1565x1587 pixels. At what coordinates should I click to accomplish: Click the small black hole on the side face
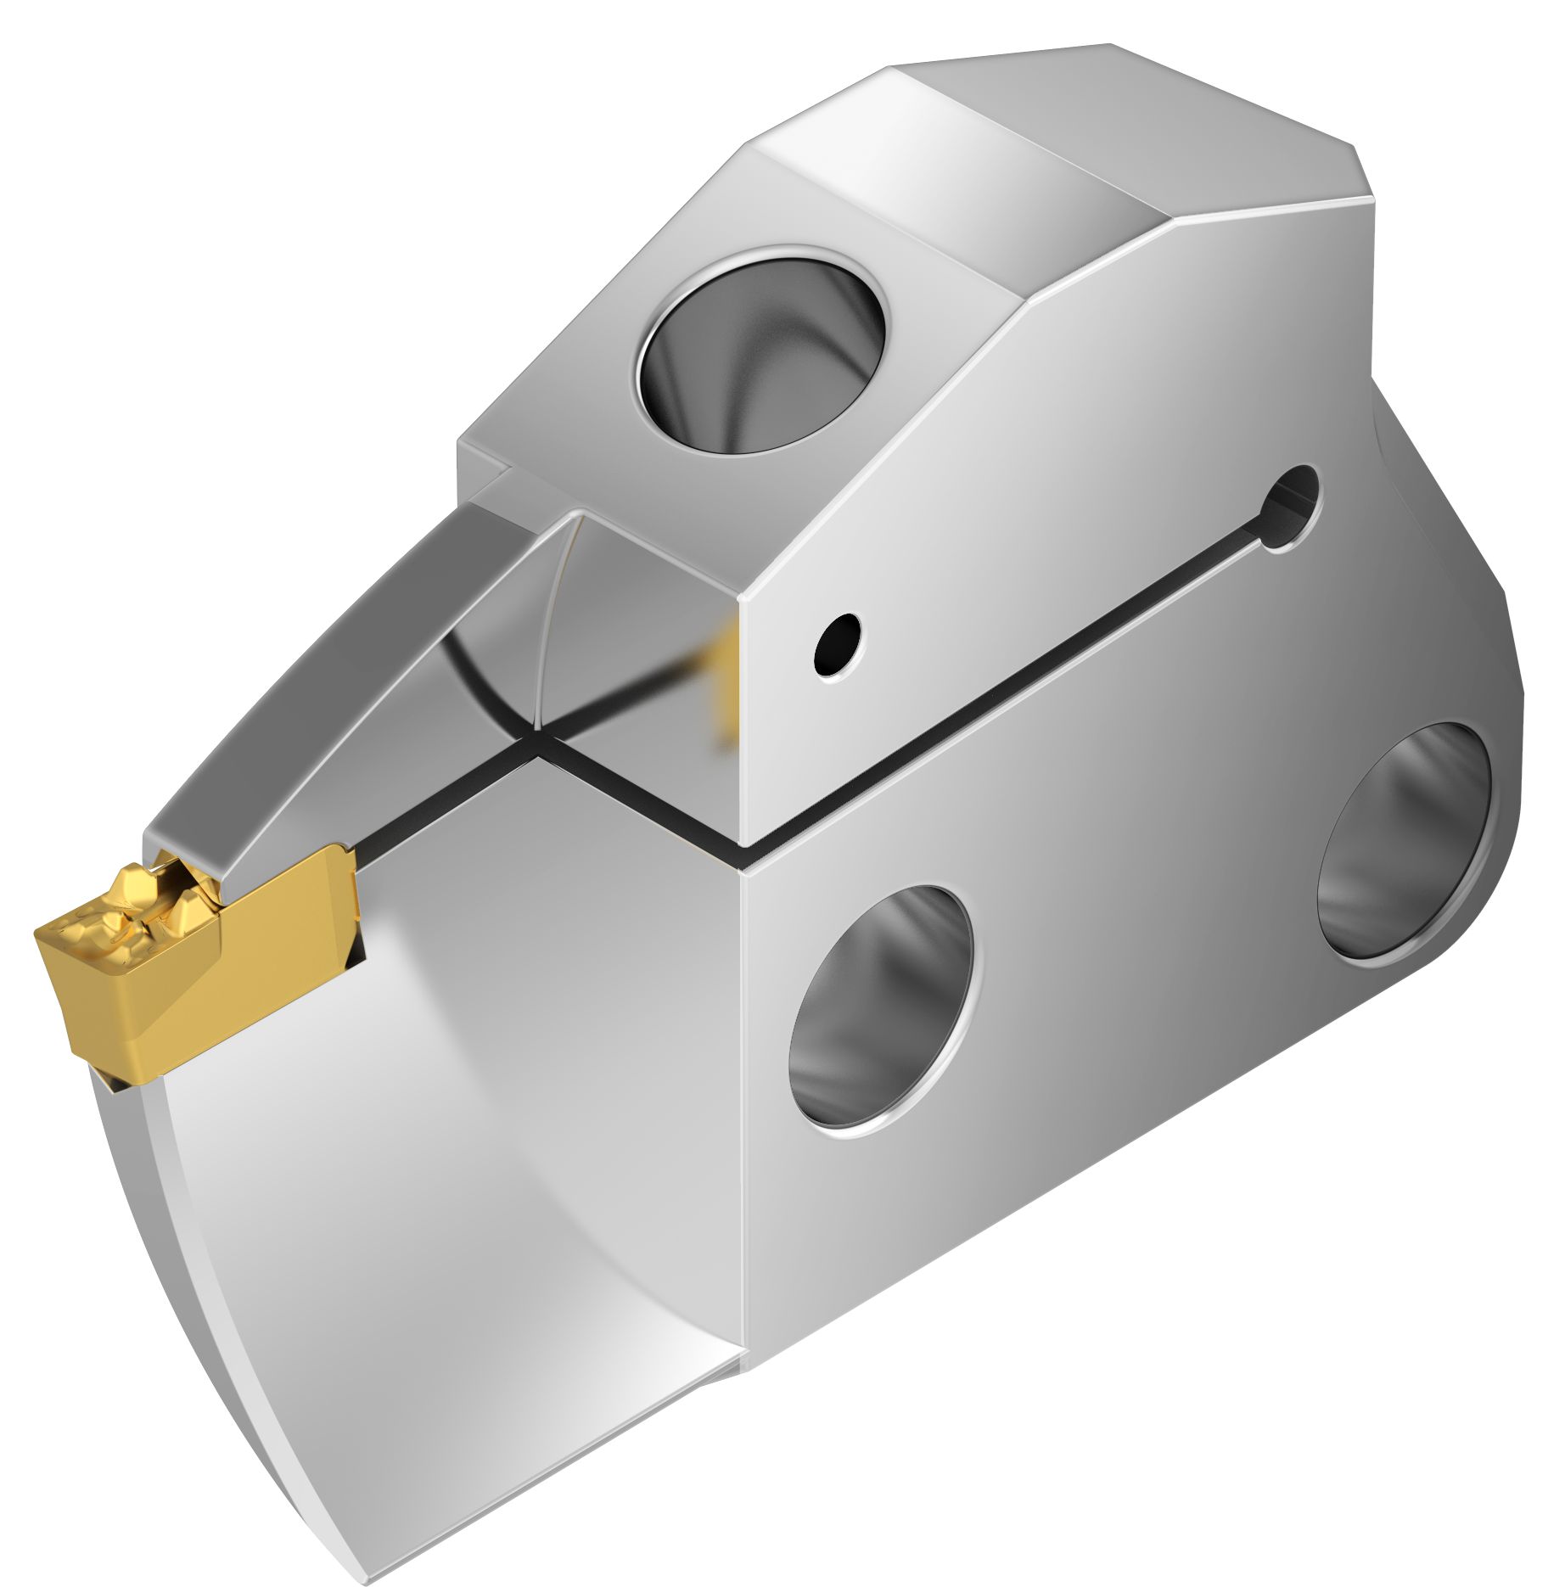[837, 645]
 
